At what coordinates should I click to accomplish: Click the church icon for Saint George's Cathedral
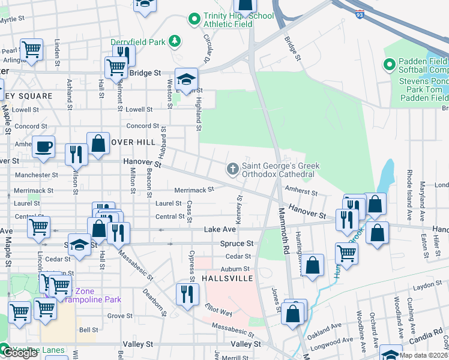pos(232,170)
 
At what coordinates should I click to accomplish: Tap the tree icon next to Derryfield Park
pos(175,41)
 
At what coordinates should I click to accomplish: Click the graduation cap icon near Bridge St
pos(186,80)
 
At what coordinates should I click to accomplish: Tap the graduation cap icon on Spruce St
pos(79,245)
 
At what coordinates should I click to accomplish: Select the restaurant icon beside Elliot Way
pos(187,294)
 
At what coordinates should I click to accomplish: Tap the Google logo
pos(20,353)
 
